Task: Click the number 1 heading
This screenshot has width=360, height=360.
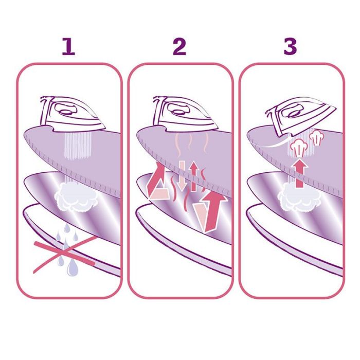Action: point(68,47)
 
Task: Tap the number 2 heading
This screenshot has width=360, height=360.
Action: point(179,47)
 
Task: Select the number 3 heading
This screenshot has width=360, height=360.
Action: point(290,47)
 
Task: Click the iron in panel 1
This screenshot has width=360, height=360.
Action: point(73,114)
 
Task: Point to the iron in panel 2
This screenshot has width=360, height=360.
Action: point(185,114)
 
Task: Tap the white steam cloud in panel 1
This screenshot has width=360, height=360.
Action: point(75,196)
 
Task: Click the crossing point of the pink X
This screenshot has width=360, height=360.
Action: point(65,253)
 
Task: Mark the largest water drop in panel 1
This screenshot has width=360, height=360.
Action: point(73,267)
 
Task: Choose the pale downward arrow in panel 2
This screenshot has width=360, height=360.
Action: point(182,176)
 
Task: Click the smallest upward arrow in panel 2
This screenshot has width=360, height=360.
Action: point(194,176)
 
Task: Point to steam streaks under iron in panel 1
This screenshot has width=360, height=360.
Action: point(78,146)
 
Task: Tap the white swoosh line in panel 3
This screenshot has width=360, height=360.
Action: point(268,144)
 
